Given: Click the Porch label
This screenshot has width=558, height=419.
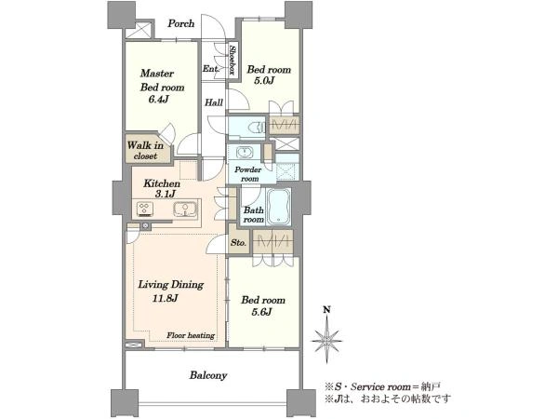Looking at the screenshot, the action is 181,24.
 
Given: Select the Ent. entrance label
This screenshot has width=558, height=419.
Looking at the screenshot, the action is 211,68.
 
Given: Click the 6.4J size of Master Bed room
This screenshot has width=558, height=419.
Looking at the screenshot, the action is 158,99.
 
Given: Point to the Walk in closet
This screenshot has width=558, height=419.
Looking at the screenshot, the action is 146,150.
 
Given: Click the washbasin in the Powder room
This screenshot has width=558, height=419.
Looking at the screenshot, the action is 244,152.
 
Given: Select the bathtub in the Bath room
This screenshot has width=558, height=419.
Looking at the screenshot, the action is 279,207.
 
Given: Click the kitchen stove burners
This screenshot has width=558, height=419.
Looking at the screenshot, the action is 145,209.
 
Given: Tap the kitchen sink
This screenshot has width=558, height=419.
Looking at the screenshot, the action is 185,209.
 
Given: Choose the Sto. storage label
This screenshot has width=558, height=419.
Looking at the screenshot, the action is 238,243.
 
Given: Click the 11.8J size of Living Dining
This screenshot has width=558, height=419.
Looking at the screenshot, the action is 166,298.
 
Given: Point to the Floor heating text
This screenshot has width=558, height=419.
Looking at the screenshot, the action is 191,335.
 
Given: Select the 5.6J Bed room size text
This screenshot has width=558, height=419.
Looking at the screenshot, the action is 262,312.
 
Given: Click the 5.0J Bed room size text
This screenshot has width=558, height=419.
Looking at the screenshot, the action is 264,80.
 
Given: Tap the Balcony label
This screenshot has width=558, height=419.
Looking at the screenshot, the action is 208,375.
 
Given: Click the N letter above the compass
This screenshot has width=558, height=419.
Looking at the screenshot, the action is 326,310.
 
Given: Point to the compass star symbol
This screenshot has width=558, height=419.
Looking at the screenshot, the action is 326,340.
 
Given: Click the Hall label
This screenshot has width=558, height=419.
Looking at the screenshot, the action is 214,102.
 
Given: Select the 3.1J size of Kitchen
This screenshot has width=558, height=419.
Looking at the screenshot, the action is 166,195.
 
